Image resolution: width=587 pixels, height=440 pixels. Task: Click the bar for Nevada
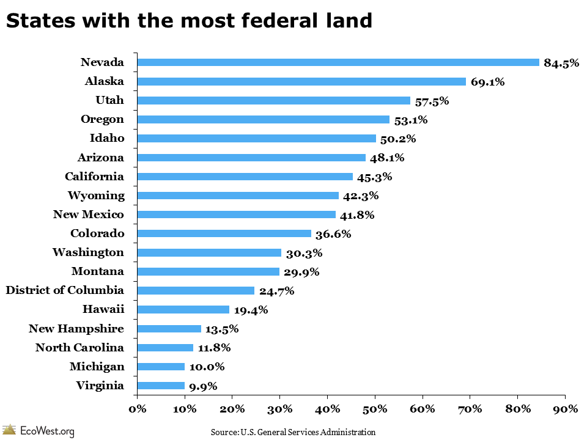[338, 62]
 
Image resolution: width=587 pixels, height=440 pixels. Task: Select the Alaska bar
[301, 81]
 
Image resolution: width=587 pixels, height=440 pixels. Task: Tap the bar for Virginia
[161, 386]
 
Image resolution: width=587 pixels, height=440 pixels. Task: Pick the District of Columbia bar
[196, 291]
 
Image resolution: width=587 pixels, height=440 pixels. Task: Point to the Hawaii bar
[183, 310]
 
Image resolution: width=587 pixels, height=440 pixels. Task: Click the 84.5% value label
[561, 62]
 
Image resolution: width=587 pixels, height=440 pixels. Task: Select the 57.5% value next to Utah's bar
[432, 101]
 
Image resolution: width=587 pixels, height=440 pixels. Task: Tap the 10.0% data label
[207, 367]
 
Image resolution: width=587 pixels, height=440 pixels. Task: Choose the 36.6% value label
[333, 233]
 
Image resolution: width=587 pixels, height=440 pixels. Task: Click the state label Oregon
[102, 119]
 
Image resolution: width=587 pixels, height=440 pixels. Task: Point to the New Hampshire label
[76, 329]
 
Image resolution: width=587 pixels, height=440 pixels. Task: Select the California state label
[94, 177]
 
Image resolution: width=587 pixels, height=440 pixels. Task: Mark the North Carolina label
[79, 348]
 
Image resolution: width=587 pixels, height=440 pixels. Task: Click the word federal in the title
[254, 21]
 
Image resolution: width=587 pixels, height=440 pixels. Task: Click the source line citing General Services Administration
[293, 432]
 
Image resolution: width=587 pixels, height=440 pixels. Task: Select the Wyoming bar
[238, 196]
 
